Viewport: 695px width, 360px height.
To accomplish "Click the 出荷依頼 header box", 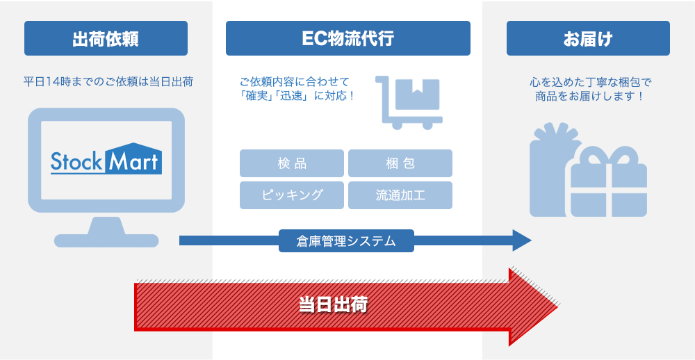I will tap(106, 38).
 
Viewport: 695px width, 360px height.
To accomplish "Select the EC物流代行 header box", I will tap(347, 38).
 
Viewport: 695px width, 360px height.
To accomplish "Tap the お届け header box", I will tap(588, 38).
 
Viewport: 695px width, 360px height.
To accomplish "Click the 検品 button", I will tap(292, 163).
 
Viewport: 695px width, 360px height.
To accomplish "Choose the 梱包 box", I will tap(400, 163).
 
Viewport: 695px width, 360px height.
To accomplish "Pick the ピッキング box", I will tap(292, 195).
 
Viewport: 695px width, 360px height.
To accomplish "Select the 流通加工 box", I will tap(400, 195).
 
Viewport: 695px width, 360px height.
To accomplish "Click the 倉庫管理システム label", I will tap(346, 241).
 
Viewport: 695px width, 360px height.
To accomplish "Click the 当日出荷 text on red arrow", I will tap(334, 304).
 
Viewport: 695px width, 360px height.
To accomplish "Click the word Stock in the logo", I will tap(77, 161).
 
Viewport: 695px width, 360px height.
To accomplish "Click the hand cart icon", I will tap(409, 101).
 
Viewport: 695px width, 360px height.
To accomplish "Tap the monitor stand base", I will tap(106, 240).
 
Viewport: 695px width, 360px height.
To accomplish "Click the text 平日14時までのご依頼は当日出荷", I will tap(108, 82).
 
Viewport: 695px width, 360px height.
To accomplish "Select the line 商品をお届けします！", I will tap(590, 97).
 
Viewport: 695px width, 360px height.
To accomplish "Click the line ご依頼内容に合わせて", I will tap(295, 81).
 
